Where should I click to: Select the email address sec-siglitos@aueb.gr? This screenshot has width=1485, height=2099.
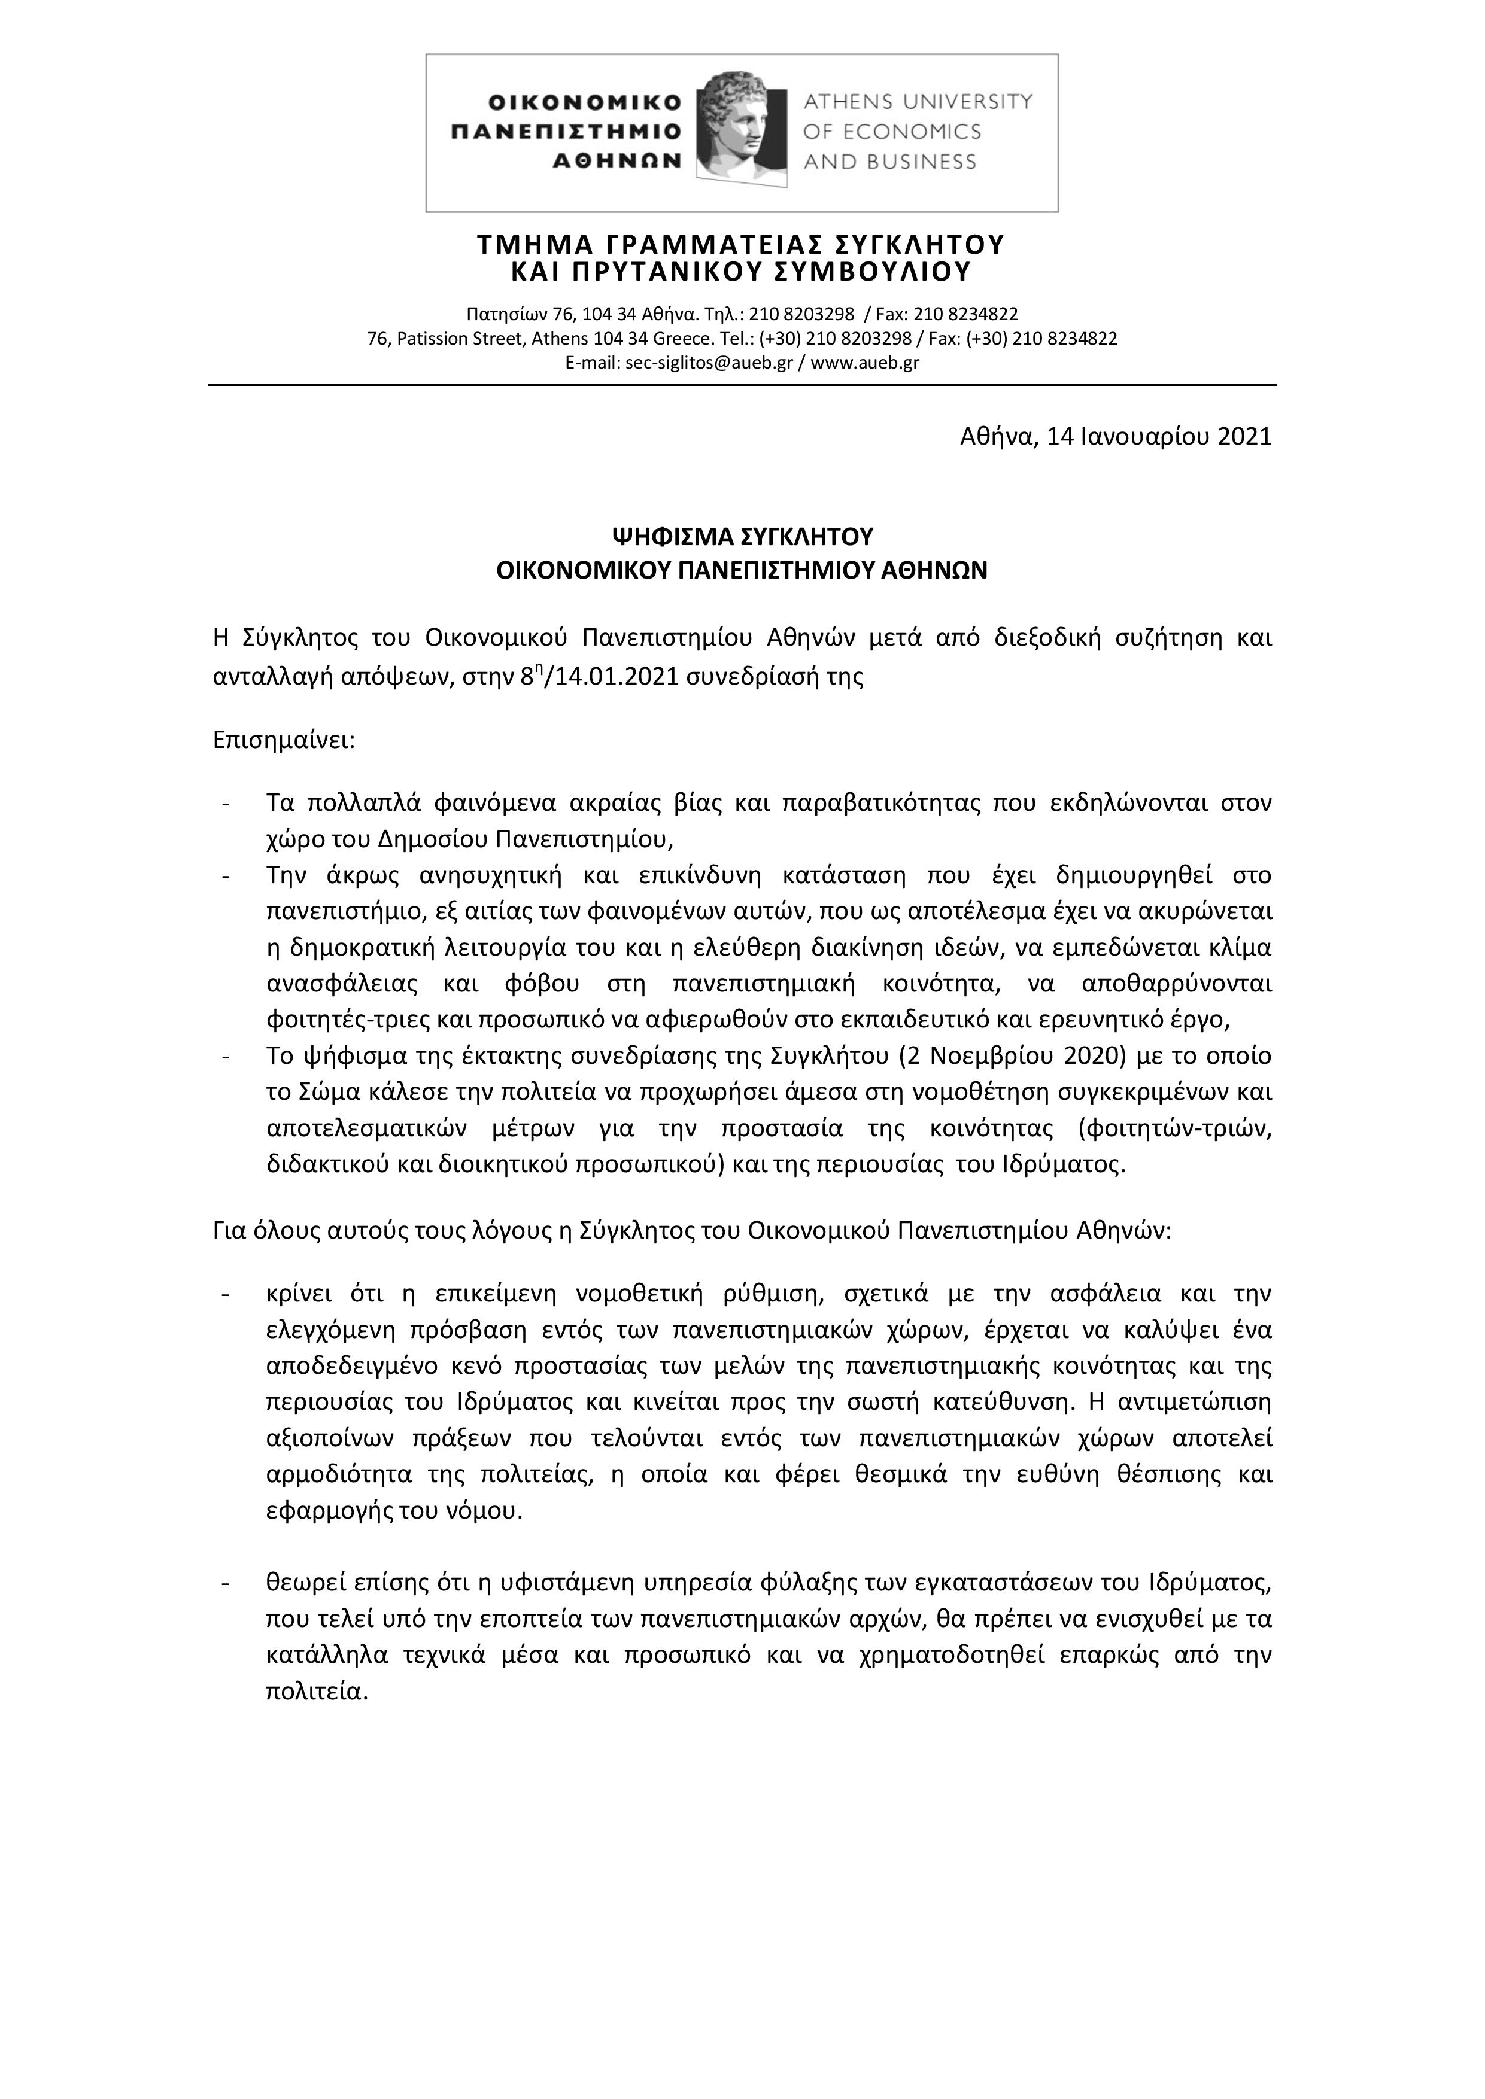coord(679,362)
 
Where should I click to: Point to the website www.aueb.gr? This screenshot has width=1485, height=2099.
coord(864,362)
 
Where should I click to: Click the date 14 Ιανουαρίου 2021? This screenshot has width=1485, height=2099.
coord(1159,436)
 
